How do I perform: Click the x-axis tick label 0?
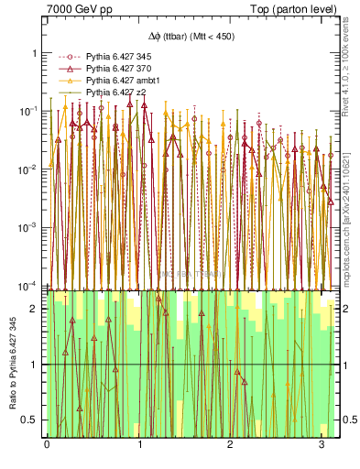pos(47,444)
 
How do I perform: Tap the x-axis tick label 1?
pos(139,444)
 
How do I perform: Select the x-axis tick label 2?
pos(232,444)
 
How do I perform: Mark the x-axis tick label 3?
pos(323,444)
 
